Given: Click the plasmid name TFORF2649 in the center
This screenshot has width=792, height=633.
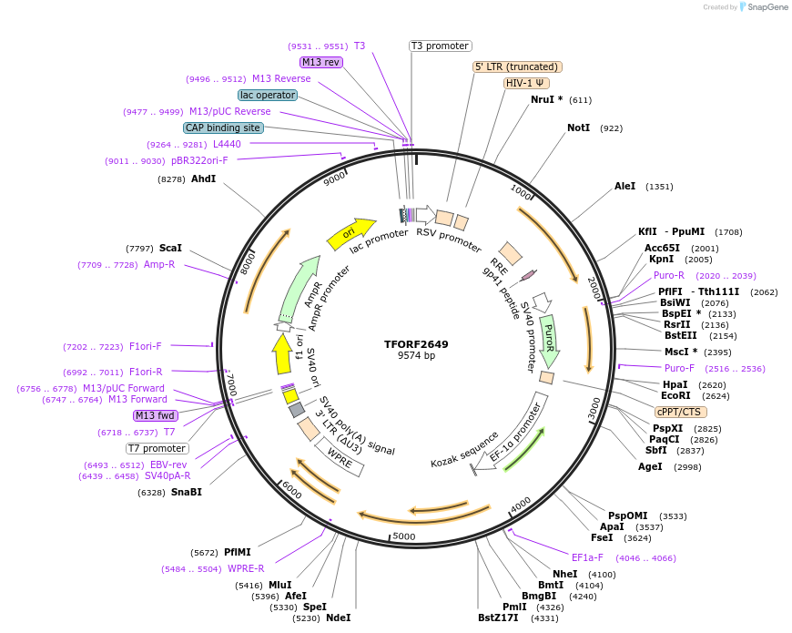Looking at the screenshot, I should point(416,344).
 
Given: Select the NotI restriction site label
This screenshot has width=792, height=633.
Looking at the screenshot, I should point(579,128).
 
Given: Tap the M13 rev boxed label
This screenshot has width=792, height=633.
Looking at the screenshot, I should point(321,62).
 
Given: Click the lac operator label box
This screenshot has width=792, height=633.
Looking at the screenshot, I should point(268,95).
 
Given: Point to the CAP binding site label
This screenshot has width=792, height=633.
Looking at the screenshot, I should point(223,128).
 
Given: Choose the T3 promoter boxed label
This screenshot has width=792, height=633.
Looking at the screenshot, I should point(440,46).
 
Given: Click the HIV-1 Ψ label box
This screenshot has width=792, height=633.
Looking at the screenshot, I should point(526,83).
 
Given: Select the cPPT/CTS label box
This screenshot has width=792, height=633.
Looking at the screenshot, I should point(677,412).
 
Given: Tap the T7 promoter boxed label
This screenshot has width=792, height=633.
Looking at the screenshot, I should point(157,448).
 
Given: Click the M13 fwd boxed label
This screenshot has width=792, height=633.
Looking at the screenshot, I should point(155,415).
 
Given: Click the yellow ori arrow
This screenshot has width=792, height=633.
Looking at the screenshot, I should point(351,232).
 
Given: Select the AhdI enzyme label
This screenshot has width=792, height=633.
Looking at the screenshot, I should point(203,179).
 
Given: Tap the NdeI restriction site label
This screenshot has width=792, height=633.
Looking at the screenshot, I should point(338,618).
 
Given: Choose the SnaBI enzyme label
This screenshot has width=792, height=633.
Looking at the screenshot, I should point(187,492).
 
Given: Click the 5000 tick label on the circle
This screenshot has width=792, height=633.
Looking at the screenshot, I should point(404,536).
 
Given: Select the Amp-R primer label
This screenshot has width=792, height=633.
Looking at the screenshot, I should point(158,264).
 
